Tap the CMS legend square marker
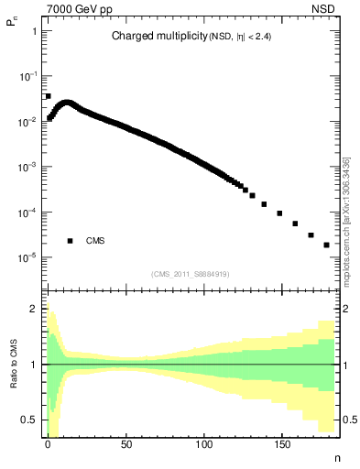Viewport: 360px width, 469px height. pos(70,241)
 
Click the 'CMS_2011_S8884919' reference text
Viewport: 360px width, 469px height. pos(190,274)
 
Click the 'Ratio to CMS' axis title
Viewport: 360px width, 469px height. pos(14,364)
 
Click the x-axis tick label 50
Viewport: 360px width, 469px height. pos(125,442)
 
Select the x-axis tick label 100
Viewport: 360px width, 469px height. pos(203,442)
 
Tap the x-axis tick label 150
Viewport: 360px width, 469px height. pos(281,442)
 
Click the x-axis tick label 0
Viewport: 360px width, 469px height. pos(48,442)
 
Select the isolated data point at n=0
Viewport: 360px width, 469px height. pos(48,95)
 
